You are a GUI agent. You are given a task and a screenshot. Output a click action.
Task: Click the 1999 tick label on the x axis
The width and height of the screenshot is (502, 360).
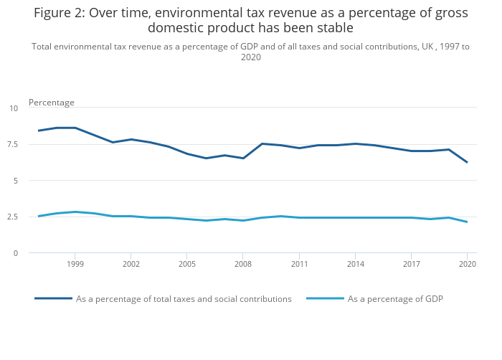tap(75, 265)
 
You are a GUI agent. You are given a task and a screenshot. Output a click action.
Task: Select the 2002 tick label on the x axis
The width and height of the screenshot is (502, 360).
tap(131, 265)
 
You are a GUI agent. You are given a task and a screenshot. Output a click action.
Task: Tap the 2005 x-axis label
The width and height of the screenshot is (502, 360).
tap(186, 265)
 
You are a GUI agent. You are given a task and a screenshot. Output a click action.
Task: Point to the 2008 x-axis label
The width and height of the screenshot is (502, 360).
tap(242, 265)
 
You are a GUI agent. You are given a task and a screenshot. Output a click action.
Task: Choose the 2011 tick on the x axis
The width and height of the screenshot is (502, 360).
tap(298, 265)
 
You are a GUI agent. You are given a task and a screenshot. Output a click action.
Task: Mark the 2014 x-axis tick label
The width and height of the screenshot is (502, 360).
tap(354, 265)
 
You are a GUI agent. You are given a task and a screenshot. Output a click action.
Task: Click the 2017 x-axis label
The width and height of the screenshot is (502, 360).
tap(411, 265)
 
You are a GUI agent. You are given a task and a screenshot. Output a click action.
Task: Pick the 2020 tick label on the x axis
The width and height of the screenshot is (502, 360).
tap(467, 265)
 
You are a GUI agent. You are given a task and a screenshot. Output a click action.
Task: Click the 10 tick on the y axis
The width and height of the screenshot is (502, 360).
tap(14, 108)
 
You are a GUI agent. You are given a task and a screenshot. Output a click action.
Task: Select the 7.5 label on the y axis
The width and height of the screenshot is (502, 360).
tap(13, 144)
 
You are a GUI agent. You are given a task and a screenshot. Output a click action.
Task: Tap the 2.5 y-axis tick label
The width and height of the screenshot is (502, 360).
tap(13, 217)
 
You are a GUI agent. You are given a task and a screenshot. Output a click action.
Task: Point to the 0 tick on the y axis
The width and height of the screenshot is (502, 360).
tap(16, 253)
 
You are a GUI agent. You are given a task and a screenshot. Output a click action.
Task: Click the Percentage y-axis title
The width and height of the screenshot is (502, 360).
tap(52, 103)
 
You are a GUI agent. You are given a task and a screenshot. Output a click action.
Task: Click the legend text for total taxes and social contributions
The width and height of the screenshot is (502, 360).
tap(184, 299)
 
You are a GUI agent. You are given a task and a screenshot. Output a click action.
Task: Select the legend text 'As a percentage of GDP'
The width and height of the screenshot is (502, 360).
tap(395, 299)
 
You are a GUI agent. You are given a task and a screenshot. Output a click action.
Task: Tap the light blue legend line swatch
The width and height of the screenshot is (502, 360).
tap(324, 298)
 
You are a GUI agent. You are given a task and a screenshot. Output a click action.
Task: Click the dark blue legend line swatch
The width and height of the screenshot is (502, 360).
tap(53, 298)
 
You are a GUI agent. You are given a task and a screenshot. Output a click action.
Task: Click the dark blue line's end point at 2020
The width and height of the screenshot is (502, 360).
tap(467, 162)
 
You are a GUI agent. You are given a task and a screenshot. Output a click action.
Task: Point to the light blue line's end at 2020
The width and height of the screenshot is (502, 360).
tap(467, 222)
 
